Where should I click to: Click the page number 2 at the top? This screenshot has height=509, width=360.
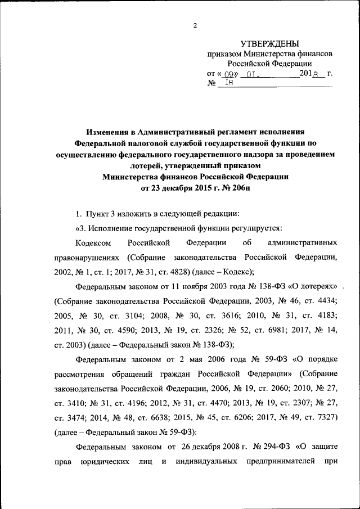tap(195, 25)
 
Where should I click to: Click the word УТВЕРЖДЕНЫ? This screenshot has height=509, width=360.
tap(269, 44)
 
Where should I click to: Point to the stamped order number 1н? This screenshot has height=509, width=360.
tap(229, 83)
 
